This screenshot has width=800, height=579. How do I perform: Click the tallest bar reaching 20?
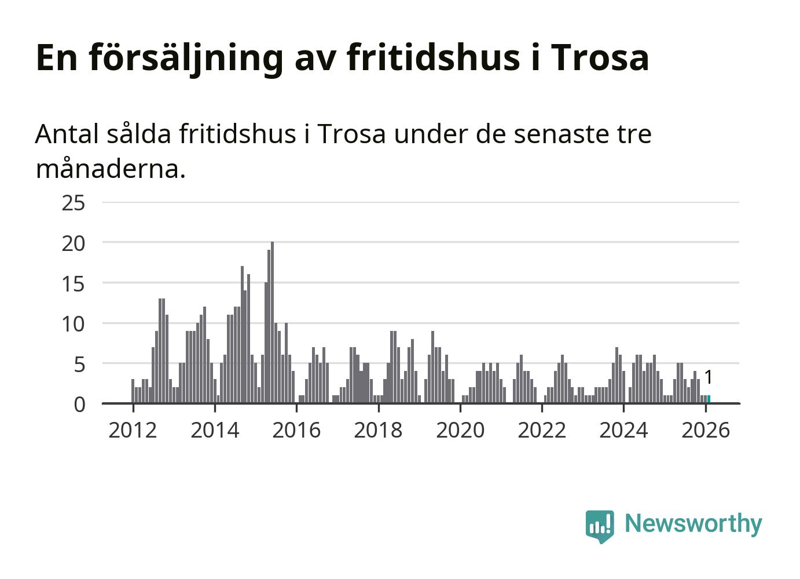pyautogui.click(x=272, y=322)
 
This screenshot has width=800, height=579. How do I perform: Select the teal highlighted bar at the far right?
pyautogui.click(x=709, y=399)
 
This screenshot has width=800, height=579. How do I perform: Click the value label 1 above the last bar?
pyautogui.click(x=708, y=377)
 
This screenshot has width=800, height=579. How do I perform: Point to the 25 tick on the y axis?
pyautogui.click(x=74, y=203)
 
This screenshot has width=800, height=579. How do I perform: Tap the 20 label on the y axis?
pyautogui.click(x=74, y=243)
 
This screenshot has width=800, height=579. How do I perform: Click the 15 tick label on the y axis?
pyautogui.click(x=74, y=284)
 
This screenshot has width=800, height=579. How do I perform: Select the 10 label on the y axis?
pyautogui.click(x=74, y=324)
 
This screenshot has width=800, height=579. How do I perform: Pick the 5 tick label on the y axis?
pyautogui.click(x=79, y=365)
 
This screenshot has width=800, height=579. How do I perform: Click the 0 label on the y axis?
pyautogui.click(x=79, y=405)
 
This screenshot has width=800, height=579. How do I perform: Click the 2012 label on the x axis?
pyautogui.click(x=133, y=430)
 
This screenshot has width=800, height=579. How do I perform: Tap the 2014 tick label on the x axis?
pyautogui.click(x=215, y=430)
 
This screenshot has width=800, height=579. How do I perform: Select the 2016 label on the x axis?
pyautogui.click(x=296, y=430)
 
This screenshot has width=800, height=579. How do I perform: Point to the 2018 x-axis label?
pyautogui.click(x=378, y=430)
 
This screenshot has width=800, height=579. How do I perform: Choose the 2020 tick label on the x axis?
pyautogui.click(x=460, y=430)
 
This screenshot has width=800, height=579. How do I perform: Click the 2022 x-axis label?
pyautogui.click(x=542, y=430)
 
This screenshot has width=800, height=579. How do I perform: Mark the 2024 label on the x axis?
pyautogui.click(x=623, y=430)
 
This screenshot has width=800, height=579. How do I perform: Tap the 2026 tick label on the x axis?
pyautogui.click(x=706, y=430)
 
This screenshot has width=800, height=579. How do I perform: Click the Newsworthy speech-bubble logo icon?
pyautogui.click(x=599, y=526)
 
